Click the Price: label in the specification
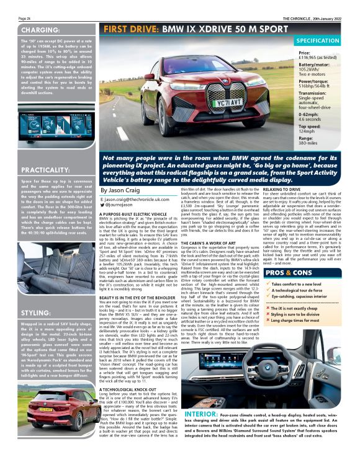point(305,54)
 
